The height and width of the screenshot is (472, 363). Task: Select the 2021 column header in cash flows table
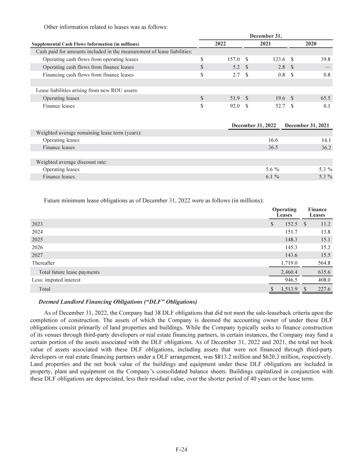265,43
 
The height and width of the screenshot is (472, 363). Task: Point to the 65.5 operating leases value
324,98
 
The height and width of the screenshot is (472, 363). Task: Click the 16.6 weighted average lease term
273,140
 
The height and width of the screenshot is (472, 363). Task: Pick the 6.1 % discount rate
272,177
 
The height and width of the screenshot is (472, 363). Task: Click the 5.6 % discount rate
272,169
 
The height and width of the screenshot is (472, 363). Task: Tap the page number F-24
181,450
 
